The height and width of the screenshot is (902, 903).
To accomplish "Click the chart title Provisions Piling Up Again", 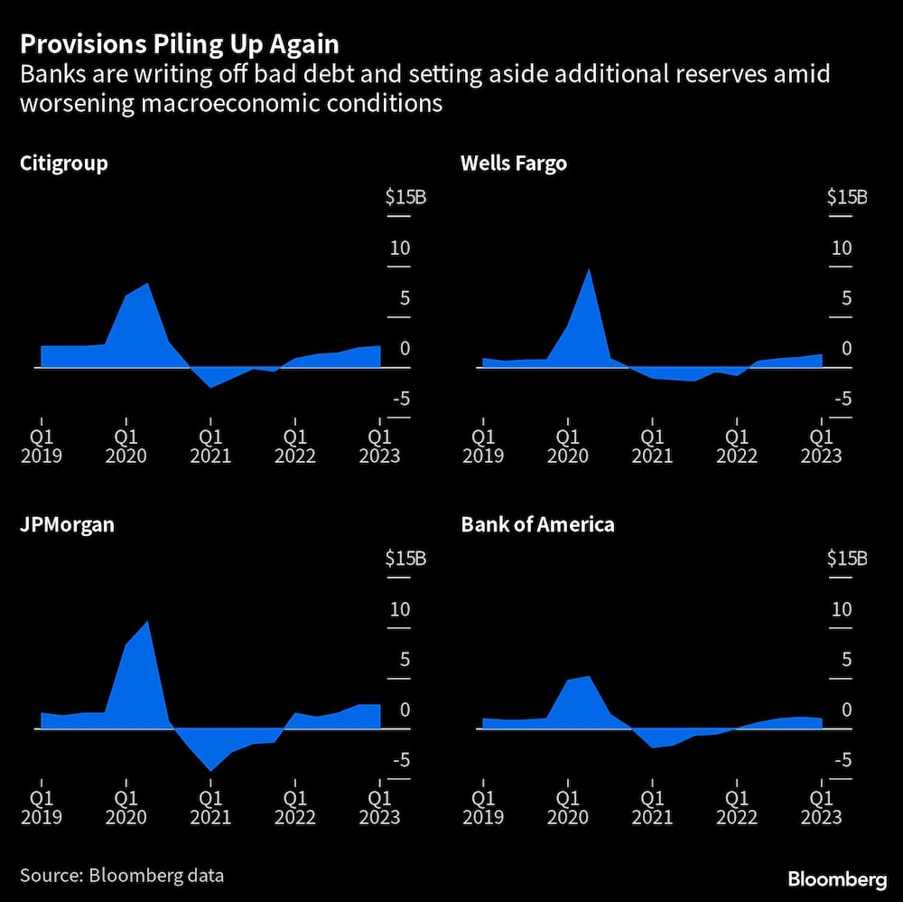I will (x=180, y=44).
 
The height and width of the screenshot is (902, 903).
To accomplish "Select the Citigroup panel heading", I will (x=63, y=164).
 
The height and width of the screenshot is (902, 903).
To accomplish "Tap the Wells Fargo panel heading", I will (x=514, y=164).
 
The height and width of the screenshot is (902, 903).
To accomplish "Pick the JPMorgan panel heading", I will (x=67, y=524).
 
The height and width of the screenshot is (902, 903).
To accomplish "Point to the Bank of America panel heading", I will (x=537, y=524).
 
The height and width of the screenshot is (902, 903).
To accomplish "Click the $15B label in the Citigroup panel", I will (x=405, y=197).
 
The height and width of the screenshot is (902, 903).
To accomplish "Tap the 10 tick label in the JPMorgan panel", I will (x=399, y=609).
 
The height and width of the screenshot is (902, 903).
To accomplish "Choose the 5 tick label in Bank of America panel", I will (x=846, y=659).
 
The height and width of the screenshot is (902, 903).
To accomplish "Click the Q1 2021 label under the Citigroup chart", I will (x=210, y=443).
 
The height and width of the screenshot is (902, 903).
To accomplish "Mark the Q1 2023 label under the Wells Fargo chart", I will (x=822, y=443).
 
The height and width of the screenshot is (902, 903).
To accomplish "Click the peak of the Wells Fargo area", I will (x=589, y=269).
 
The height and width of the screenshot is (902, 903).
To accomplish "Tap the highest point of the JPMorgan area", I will (x=148, y=621).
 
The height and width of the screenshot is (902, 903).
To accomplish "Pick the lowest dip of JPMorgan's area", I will (x=210, y=770).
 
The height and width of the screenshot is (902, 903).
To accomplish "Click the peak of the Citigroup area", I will (x=147, y=284).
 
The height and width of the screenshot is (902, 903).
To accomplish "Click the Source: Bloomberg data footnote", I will (x=122, y=875).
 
